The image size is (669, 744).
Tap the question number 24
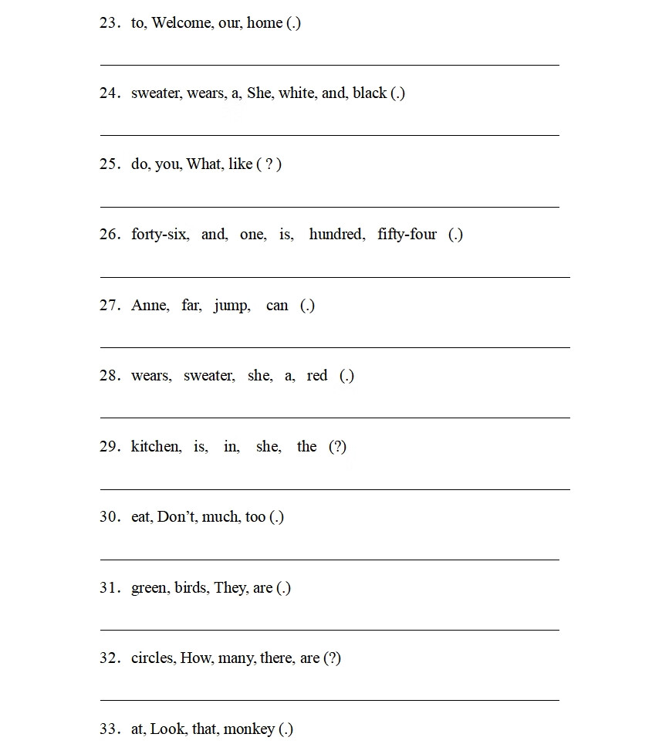pyautogui.click(x=109, y=93)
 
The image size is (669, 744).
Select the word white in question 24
pyautogui.click(x=297, y=93)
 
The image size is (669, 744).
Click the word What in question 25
pyautogui.click(x=204, y=164)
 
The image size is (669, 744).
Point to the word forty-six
pyautogui.click(x=160, y=235)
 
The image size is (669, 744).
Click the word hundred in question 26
pyautogui.click(x=336, y=235)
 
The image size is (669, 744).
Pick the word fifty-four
pyautogui.click(x=407, y=235)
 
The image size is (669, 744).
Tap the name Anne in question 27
pyautogui.click(x=150, y=306)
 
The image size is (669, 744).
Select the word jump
pyautogui.click(x=231, y=306)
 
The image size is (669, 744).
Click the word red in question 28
pyautogui.click(x=317, y=376)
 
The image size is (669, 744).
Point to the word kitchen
pyautogui.click(x=156, y=447)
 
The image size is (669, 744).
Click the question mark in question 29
pyautogui.click(x=337, y=447)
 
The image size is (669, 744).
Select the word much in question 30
pyautogui.click(x=221, y=517)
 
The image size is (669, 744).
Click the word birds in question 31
pyautogui.click(x=191, y=588)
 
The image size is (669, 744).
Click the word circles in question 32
pyautogui.click(x=153, y=658)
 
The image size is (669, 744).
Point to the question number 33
pyautogui.click(x=109, y=729)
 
